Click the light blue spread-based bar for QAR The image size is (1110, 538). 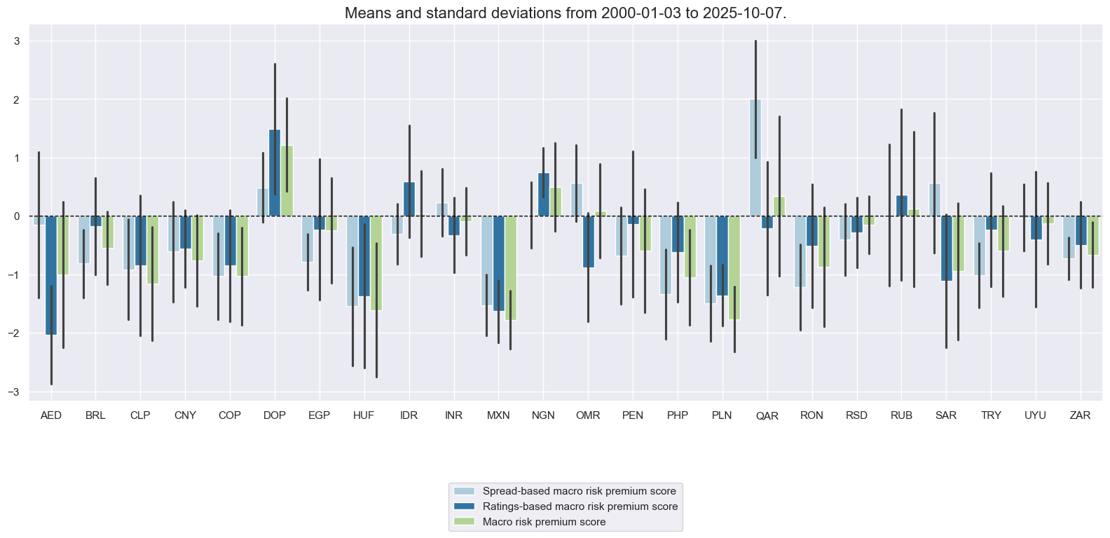[755, 158]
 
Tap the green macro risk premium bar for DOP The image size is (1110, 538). [287, 181]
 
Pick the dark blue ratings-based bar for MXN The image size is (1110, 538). [499, 263]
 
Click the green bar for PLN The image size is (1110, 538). [734, 268]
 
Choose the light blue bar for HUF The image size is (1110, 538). [352, 261]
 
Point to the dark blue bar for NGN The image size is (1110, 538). [544, 195]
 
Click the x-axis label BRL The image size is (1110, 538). [95, 415]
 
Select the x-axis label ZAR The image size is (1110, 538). [1080, 415]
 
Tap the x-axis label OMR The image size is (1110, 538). [588, 415]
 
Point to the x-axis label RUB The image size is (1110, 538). [901, 415]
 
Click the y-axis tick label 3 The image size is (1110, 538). [16, 41]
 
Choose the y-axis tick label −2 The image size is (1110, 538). [14, 333]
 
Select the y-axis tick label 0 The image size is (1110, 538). [16, 216]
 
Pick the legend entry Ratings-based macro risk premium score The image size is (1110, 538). [580, 506]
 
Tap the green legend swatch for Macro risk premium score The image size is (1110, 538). [464, 522]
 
